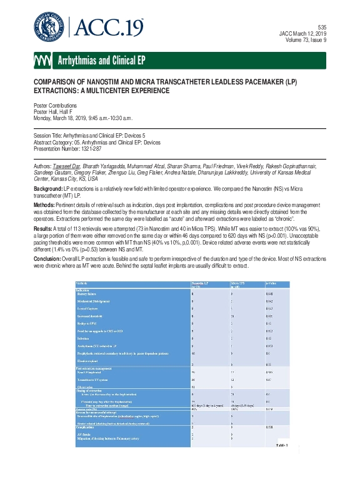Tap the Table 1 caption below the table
(283, 463)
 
